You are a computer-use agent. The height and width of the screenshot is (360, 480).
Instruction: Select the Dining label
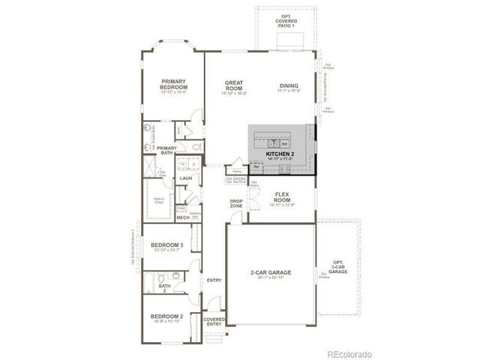tap(289, 85)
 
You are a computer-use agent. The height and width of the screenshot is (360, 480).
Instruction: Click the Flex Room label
tap(282, 198)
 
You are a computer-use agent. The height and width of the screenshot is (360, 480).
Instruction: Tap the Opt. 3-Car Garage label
tap(337, 268)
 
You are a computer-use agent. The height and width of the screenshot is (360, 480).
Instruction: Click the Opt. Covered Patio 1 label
tap(286, 20)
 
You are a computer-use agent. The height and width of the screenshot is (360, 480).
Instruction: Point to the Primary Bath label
tap(166, 150)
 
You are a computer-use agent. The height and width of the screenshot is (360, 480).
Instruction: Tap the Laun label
tap(186, 178)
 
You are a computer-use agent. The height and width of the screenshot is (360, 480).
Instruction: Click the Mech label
tap(182, 217)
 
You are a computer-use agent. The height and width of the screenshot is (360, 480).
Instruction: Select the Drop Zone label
tap(236, 203)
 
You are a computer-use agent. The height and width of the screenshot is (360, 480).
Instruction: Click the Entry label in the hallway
tap(214, 280)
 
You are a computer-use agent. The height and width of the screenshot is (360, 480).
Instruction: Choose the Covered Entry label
tap(214, 321)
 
